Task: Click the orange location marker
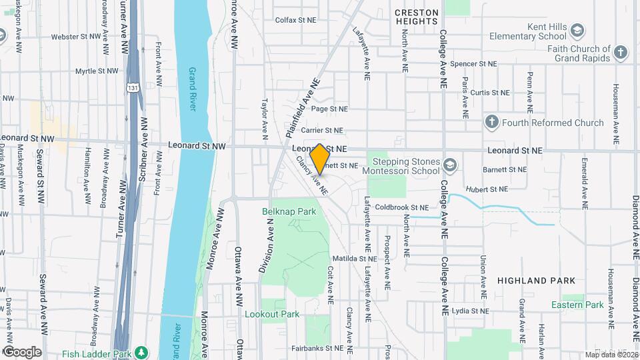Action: [x=320, y=159]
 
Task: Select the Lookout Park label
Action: [x=272, y=314]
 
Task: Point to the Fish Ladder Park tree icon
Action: [x=141, y=351]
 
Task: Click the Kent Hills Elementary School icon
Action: [x=577, y=31]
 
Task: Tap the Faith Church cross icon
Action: [x=621, y=53]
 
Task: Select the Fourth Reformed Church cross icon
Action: [x=491, y=122]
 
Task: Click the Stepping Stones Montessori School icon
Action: [x=451, y=164]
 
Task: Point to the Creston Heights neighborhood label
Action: [x=416, y=17]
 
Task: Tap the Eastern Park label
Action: [x=577, y=305]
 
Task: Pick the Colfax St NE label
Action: [x=295, y=20]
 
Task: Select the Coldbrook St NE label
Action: [x=397, y=207]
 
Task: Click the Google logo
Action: [x=22, y=351]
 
